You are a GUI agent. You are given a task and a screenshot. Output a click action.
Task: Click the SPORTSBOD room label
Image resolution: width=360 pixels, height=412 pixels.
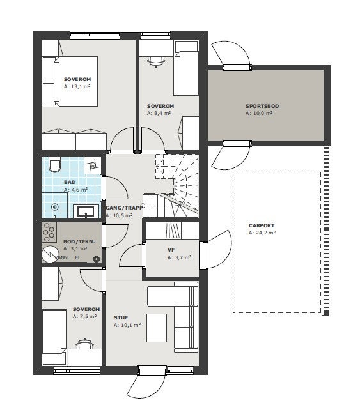pos(262,106)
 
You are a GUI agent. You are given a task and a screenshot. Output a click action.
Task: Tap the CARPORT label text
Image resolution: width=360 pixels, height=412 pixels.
pos(262,225)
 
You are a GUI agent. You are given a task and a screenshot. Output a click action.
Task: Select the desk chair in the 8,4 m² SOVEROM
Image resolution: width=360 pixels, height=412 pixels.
pos(154,61)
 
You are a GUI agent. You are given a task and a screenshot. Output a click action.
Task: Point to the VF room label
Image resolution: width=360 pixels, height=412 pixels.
pos(171,250)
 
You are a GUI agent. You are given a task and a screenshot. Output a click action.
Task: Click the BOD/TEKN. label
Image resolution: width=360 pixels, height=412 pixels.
pos(79,241)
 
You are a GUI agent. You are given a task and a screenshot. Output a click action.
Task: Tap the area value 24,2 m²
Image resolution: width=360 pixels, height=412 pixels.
pos(262,233)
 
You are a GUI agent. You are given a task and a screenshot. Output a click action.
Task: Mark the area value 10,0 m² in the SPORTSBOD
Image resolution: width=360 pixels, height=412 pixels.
pos(259,113)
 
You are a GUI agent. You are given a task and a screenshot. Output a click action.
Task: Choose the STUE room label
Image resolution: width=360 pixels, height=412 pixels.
pos(121,317)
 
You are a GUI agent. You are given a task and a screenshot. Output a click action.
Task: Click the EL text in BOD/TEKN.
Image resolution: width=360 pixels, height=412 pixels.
pos(78,257)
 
